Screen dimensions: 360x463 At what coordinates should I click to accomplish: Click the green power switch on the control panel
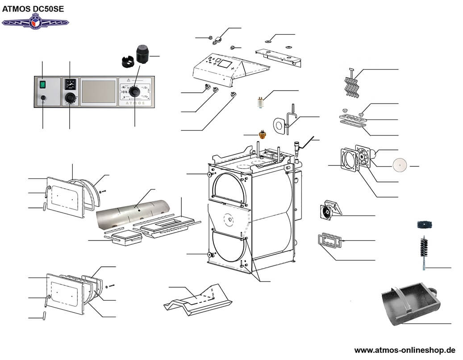pyautogui.click(x=42, y=83)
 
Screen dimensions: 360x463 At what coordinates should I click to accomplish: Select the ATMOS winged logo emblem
pyautogui.click(x=35, y=21)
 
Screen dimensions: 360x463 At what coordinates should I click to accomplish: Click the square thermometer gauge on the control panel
pyautogui.click(x=70, y=84)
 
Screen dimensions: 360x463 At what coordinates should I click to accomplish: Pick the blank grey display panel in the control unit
pyautogui.click(x=99, y=92)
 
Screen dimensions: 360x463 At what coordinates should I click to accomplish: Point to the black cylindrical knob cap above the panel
pyautogui.click(x=143, y=54)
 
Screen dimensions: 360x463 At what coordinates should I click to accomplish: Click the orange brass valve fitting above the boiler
pyautogui.click(x=262, y=134)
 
